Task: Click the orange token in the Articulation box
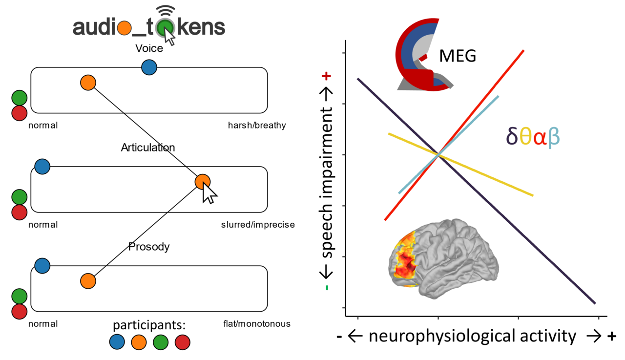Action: coord(202,182)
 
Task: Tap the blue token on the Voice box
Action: coord(149,67)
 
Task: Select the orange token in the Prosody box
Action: coord(88,281)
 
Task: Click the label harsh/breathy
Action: coord(256,126)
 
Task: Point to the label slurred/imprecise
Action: coord(258,225)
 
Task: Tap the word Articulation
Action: coord(148,148)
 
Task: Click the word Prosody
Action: coord(149,247)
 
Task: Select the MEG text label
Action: coord(458,56)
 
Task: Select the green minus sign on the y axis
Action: coord(327,288)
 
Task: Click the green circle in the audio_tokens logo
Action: coord(166,27)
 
